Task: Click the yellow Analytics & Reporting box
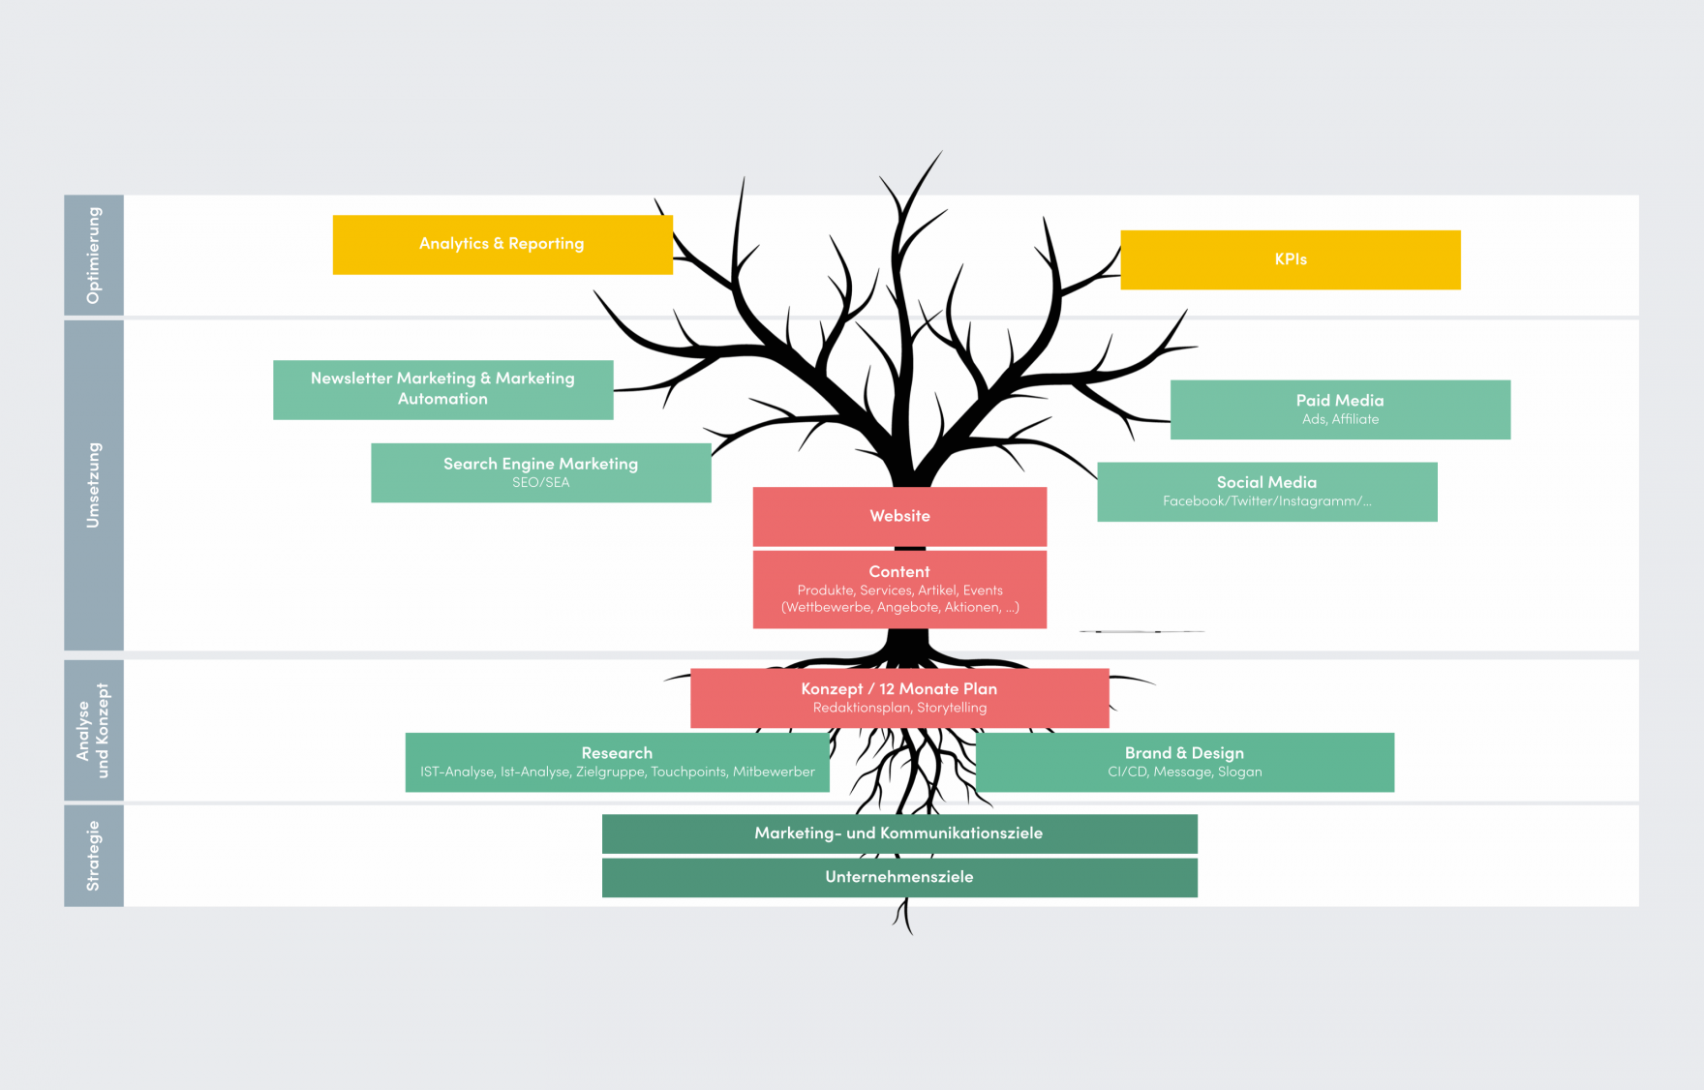click(502, 245)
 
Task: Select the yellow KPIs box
click(1291, 259)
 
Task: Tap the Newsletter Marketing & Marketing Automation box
click(442, 389)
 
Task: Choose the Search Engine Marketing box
click(540, 471)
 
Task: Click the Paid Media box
click(1340, 409)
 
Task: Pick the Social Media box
click(1266, 491)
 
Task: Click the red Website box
click(899, 516)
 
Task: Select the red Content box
click(899, 589)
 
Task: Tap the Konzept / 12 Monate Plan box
click(899, 697)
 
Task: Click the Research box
click(617, 762)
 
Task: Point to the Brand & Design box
click(1184, 762)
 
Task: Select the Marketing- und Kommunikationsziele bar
click(899, 833)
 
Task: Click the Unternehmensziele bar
click(899, 877)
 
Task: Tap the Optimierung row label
click(94, 256)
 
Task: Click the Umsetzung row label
click(94, 485)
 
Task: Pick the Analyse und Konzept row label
click(94, 731)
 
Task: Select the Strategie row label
click(94, 856)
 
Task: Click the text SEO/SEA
click(540, 482)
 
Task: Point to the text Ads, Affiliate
click(1340, 419)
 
